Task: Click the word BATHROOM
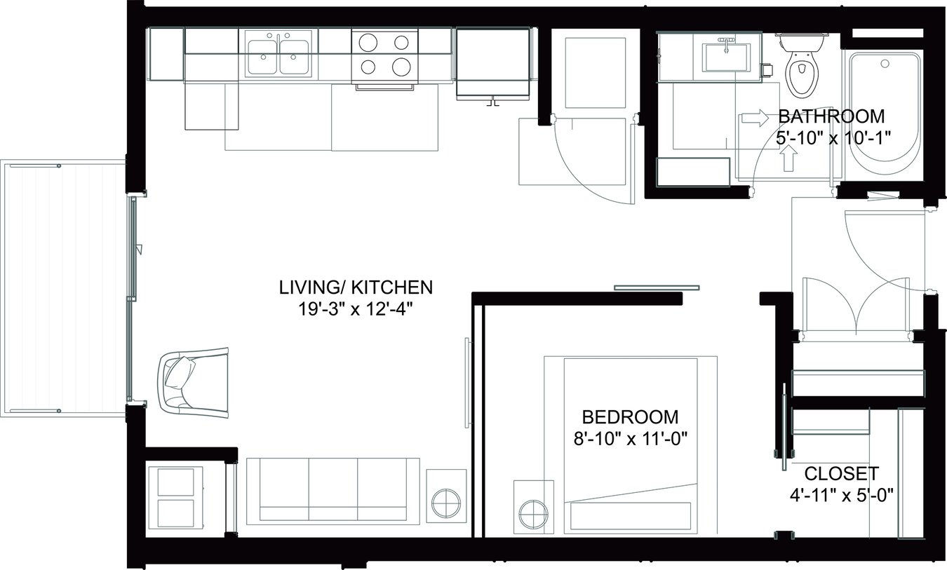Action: click(x=831, y=116)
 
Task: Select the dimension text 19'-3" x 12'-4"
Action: click(x=356, y=308)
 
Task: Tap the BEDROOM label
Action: click(x=631, y=417)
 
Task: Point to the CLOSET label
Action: click(x=841, y=473)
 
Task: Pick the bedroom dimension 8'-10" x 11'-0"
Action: click(x=631, y=439)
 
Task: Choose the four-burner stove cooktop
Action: click(x=382, y=55)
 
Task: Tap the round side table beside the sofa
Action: click(x=446, y=504)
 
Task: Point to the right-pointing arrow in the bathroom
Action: click(x=755, y=118)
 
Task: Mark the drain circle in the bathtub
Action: click(x=885, y=64)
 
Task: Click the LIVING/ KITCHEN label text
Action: click(x=356, y=287)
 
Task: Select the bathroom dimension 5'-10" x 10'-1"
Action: click(x=833, y=138)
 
